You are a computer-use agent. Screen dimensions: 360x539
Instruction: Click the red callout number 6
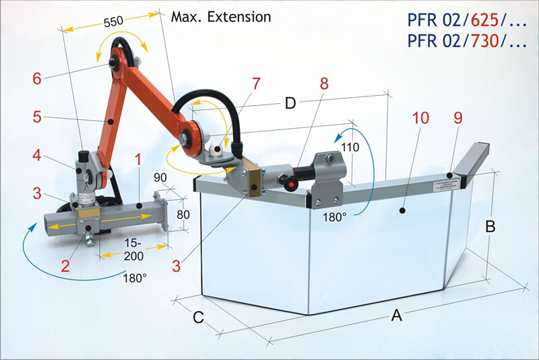pos(36,78)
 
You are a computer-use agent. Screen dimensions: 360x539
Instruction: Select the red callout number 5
pos(38,117)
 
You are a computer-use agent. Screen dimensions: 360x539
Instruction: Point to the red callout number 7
pos(255,84)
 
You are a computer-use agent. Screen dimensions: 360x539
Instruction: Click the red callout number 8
pos(325,84)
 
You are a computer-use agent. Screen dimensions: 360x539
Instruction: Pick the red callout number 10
pos(420,117)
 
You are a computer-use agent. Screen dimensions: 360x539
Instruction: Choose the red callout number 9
pos(458,117)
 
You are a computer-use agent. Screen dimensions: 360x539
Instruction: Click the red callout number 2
pos(65,265)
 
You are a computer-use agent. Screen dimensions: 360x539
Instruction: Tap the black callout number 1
pos(137,160)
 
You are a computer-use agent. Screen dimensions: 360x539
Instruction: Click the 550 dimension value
pos(113,21)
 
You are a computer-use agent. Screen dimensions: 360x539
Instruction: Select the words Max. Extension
pos(221,16)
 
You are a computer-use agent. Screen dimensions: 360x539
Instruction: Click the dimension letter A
pos(397,314)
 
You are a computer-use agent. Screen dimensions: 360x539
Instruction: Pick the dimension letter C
pos(198,318)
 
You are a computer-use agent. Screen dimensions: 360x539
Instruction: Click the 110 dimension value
pos(350,146)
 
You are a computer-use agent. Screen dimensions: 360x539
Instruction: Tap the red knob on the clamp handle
pos(291,182)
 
